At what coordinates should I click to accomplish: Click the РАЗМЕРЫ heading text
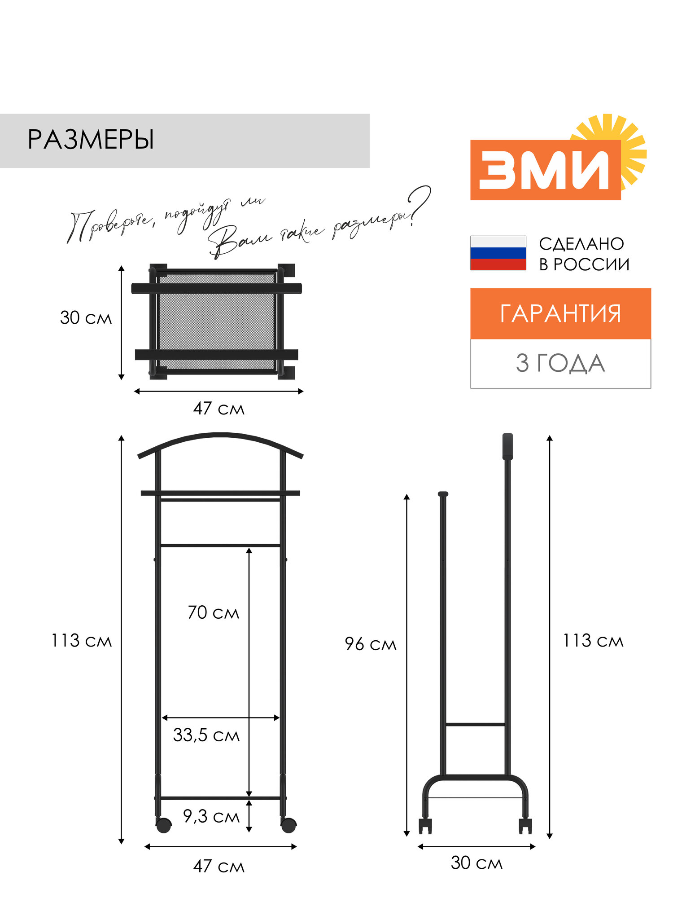tap(91, 140)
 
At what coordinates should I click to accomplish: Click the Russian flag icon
tap(498, 253)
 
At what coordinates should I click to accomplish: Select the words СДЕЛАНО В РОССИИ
tap(584, 254)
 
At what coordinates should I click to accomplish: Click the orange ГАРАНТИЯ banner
tap(560, 313)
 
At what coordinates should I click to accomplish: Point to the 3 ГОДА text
tap(560, 363)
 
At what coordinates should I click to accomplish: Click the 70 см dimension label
tap(213, 612)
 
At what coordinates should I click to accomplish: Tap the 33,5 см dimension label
tap(206, 735)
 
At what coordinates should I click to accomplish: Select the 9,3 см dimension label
tap(211, 816)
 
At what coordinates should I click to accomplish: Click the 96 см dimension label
tap(371, 644)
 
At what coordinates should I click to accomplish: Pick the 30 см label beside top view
tap(86, 318)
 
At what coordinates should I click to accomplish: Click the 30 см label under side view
tap(476, 863)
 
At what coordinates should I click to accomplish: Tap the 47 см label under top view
tap(219, 409)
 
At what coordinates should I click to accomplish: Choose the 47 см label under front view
tap(219, 866)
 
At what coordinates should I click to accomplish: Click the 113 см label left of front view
tap(81, 641)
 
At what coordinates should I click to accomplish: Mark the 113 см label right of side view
tap(593, 641)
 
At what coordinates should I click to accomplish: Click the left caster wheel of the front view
tap(164, 825)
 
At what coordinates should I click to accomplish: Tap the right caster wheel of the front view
tap(288, 825)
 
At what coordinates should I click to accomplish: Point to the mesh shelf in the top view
tap(217, 321)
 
